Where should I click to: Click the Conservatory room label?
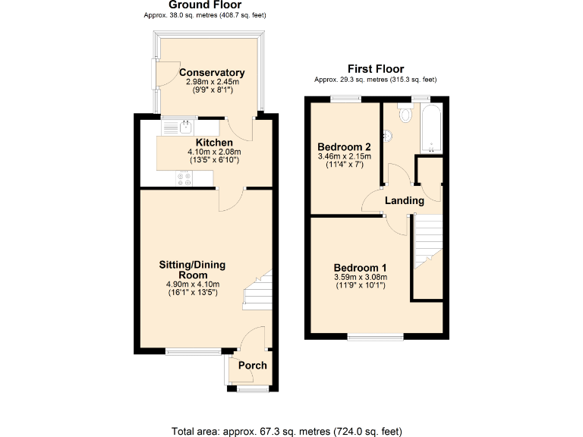click(x=211, y=73)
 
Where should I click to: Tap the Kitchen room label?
click(x=214, y=143)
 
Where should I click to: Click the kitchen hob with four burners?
click(x=184, y=179)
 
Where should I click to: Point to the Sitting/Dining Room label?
click(x=192, y=269)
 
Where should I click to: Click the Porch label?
click(x=253, y=366)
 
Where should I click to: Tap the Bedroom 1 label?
click(x=361, y=268)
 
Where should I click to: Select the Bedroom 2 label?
click(x=344, y=146)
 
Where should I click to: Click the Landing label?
click(x=404, y=201)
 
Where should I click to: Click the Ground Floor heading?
click(x=205, y=5)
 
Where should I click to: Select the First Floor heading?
click(x=375, y=69)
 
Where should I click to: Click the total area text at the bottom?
click(x=287, y=432)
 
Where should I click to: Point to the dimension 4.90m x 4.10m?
click(x=192, y=285)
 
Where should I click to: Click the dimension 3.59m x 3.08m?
click(x=361, y=278)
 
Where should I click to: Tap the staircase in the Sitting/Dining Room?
click(x=259, y=291)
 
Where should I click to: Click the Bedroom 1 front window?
click(x=376, y=336)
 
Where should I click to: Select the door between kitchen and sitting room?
click(x=230, y=199)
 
